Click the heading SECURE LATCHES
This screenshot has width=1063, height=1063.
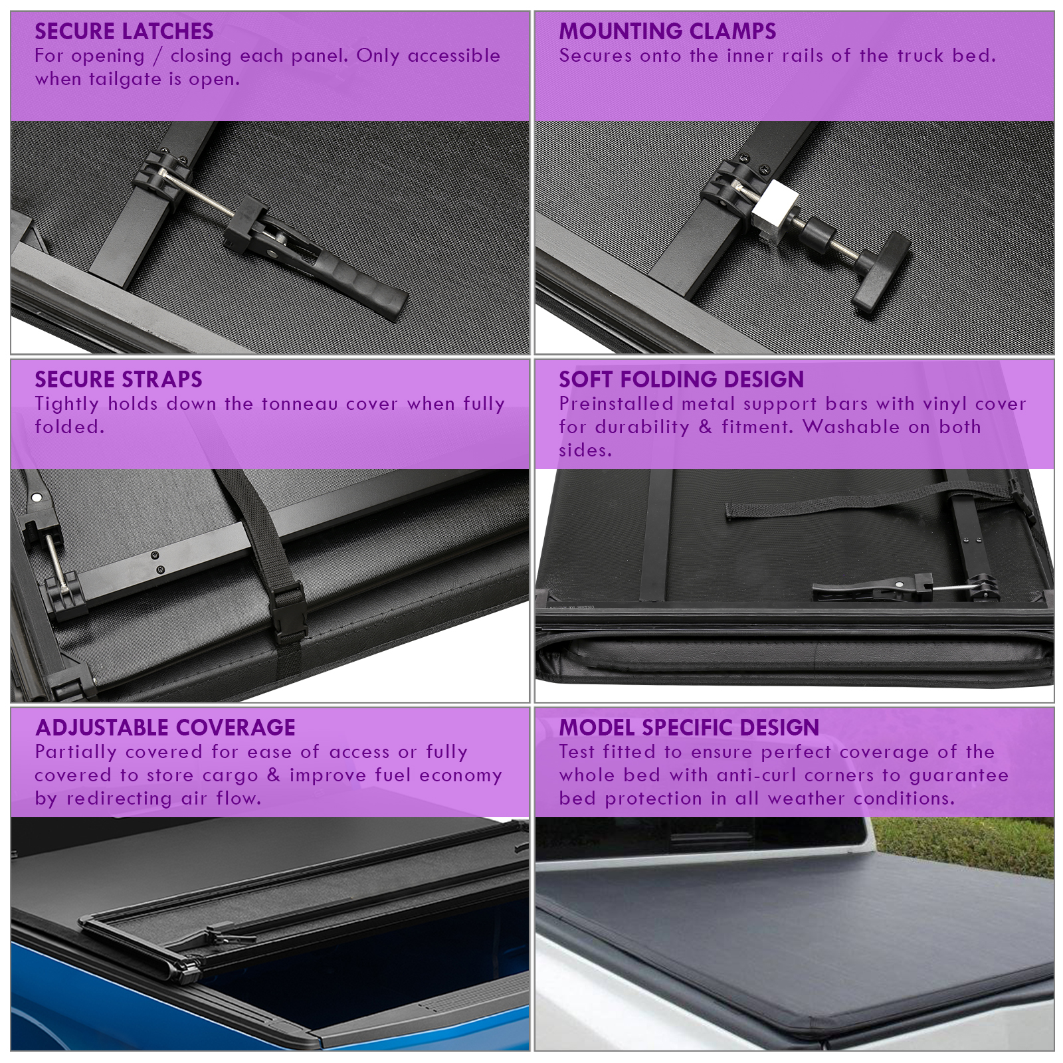124,31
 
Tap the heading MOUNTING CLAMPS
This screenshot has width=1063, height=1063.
667,31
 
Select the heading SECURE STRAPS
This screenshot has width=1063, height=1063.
118,379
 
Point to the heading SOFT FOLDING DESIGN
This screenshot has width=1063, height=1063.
681,379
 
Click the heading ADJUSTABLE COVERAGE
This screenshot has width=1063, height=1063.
165,727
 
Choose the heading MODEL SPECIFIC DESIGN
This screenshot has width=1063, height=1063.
689,727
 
